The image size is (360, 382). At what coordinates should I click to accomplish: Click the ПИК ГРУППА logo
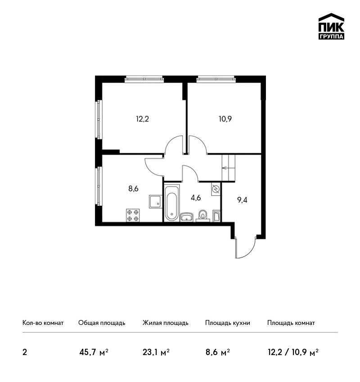pyautogui.click(x=331, y=27)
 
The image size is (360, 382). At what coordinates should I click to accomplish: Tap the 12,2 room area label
pyautogui.click(x=143, y=119)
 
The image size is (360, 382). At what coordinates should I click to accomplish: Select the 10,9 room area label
pyautogui.click(x=225, y=119)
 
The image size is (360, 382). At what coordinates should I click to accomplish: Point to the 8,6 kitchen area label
pyautogui.click(x=133, y=188)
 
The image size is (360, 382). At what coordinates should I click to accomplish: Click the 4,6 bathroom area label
pyautogui.click(x=196, y=198)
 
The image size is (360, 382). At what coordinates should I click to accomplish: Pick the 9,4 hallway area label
pyautogui.click(x=242, y=200)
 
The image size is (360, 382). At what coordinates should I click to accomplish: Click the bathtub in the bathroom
pyautogui.click(x=172, y=203)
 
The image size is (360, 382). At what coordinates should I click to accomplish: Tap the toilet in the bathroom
pyautogui.click(x=203, y=216)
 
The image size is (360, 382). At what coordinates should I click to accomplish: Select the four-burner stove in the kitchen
pyautogui.click(x=133, y=215)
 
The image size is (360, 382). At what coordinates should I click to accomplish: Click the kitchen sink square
pyautogui.click(x=155, y=201)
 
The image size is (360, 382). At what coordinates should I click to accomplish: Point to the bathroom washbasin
pyautogui.click(x=187, y=217)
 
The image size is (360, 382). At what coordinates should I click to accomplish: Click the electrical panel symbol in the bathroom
pyautogui.click(x=216, y=189)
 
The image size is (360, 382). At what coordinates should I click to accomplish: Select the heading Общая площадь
pyautogui.click(x=102, y=323)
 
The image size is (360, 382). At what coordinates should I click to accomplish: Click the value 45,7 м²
pyautogui.click(x=94, y=352)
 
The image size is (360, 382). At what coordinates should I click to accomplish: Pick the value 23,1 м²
pyautogui.click(x=156, y=352)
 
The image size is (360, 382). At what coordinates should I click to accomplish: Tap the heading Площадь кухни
pyautogui.click(x=228, y=323)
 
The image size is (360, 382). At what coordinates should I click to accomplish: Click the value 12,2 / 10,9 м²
pyautogui.click(x=293, y=352)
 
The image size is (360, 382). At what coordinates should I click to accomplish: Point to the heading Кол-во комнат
pyautogui.click(x=43, y=323)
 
